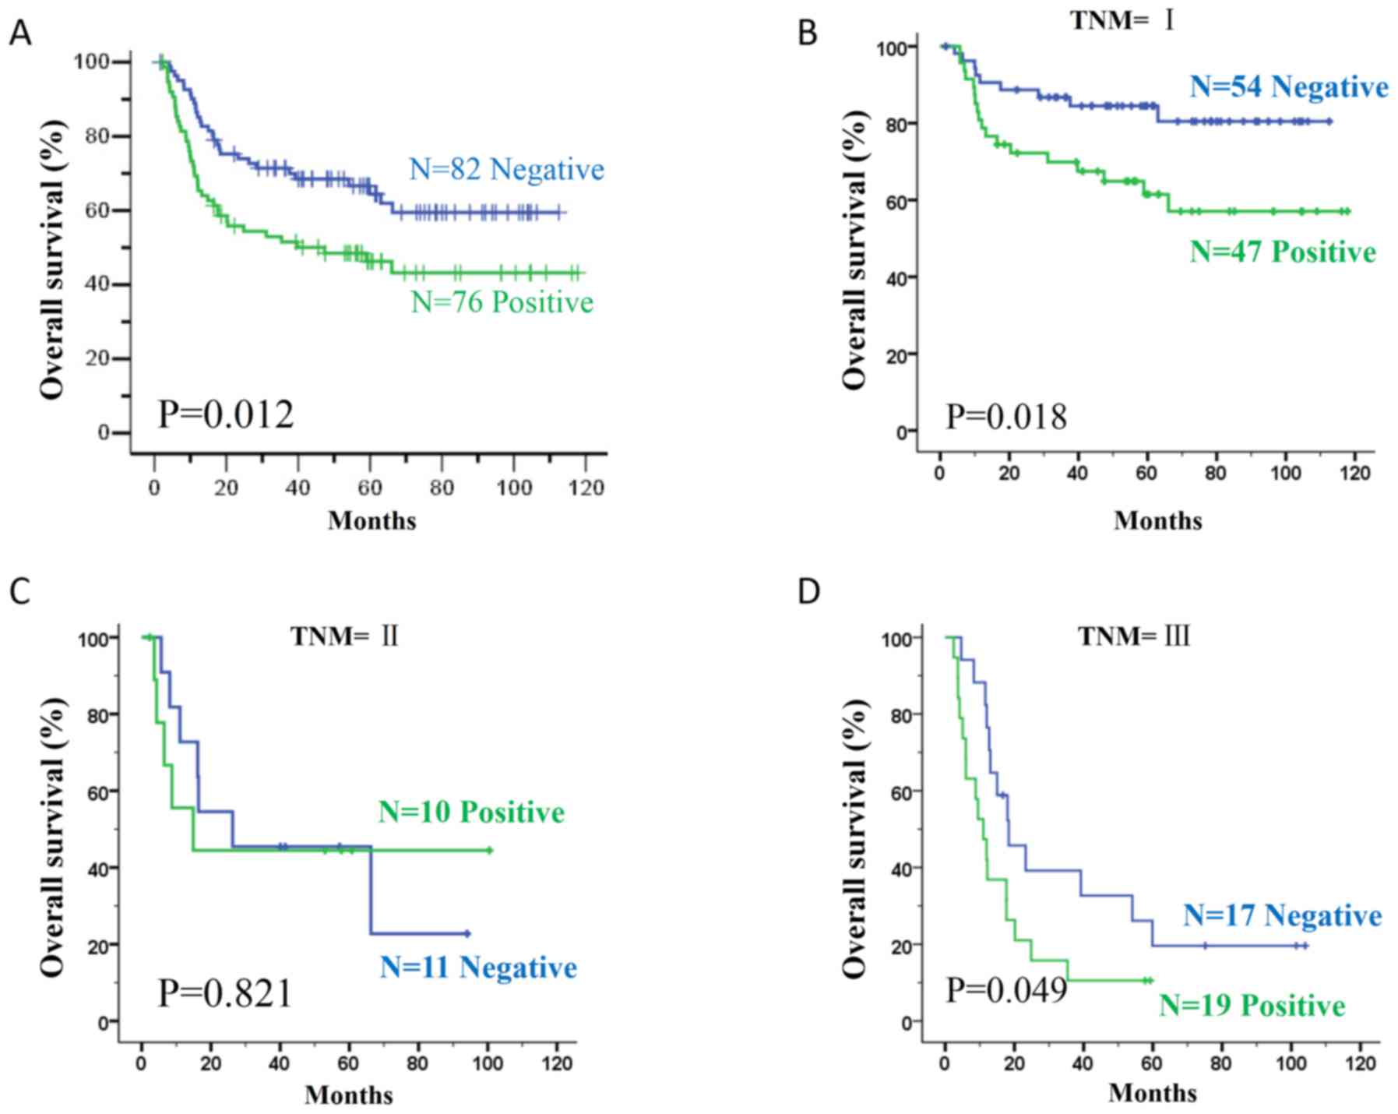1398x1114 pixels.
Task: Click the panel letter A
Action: coord(20,33)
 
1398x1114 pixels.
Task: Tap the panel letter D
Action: coord(808,591)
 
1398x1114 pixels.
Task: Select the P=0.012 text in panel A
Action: coord(226,414)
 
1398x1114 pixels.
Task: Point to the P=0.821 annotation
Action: coord(225,992)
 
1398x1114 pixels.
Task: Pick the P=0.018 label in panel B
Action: coord(1006,417)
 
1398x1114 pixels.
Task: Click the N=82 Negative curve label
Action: coord(507,169)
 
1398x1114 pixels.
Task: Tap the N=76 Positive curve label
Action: coord(502,301)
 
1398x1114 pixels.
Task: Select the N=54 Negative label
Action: coord(1289,86)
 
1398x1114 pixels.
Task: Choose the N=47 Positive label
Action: coord(1283,252)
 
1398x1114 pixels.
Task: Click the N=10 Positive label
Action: coord(471,812)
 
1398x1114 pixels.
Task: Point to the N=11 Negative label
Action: coord(478,967)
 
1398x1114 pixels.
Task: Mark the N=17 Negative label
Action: coord(1282,915)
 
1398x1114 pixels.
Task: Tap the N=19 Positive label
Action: coord(1252,1005)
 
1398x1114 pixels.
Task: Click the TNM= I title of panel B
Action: coord(1122,20)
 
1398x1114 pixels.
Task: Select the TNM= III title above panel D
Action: coord(1134,636)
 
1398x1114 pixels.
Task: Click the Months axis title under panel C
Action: coord(349,1095)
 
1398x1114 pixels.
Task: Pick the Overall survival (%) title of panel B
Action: coord(854,249)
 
